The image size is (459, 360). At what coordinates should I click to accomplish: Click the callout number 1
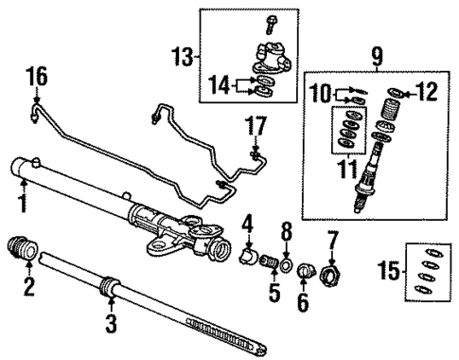tap(21, 201)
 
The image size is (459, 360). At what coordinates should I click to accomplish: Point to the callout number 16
tap(35, 76)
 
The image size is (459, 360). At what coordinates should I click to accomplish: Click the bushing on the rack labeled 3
tap(112, 283)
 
